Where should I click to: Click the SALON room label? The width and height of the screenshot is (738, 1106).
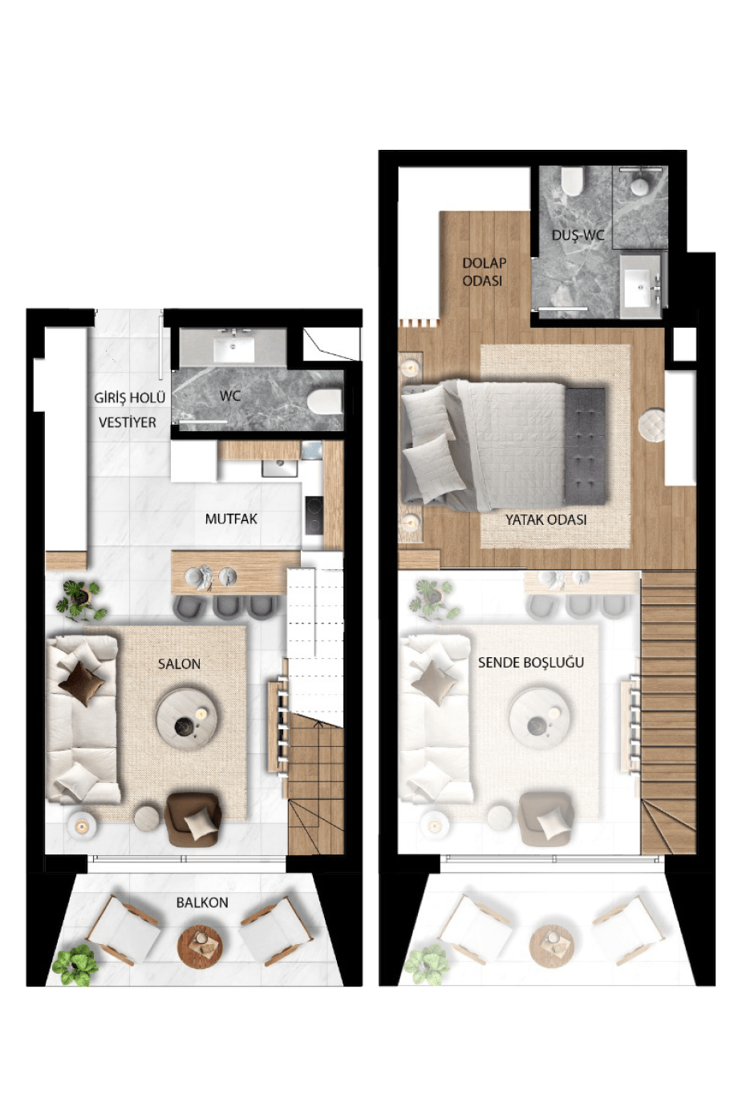[x=179, y=664]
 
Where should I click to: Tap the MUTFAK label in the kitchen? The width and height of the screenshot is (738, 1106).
[x=231, y=519]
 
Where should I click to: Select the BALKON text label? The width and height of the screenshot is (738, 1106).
[x=202, y=902]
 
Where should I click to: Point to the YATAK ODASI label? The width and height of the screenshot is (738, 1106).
[x=545, y=519]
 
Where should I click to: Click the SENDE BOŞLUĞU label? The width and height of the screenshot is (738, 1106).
[x=531, y=662]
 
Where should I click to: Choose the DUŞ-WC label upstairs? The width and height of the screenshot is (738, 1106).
[x=578, y=235]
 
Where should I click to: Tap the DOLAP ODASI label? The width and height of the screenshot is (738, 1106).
[x=484, y=272]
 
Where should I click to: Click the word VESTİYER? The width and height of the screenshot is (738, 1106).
[x=127, y=422]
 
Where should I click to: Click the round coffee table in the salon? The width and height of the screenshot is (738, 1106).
[x=186, y=720]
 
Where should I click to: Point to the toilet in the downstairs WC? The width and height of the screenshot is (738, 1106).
[x=325, y=401]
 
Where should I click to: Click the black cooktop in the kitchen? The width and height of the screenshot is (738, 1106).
[x=314, y=515]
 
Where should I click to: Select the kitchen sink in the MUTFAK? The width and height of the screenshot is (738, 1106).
[x=280, y=467]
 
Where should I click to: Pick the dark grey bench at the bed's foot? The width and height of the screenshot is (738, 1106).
[x=586, y=446]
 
